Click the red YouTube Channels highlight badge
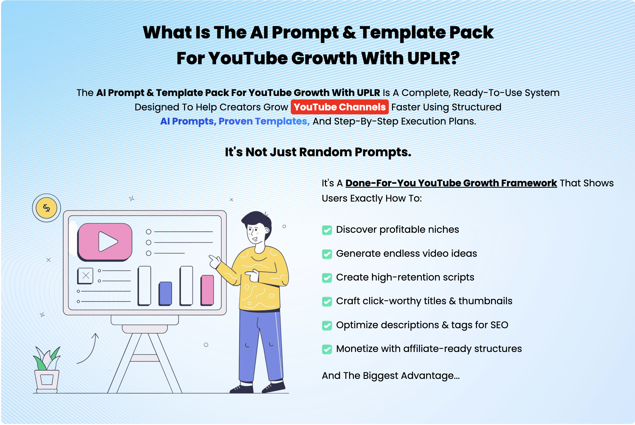(339, 107)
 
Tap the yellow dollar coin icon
(46, 208)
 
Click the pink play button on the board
(105, 242)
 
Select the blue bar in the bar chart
(165, 294)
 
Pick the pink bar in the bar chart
(207, 290)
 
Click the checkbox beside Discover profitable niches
(327, 230)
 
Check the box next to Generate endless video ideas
(327, 254)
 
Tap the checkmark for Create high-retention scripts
(327, 278)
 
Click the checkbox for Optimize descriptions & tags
(327, 326)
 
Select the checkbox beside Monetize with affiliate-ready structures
(327, 349)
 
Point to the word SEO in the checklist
(499, 325)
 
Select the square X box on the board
(85, 276)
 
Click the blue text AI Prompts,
(188, 121)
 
